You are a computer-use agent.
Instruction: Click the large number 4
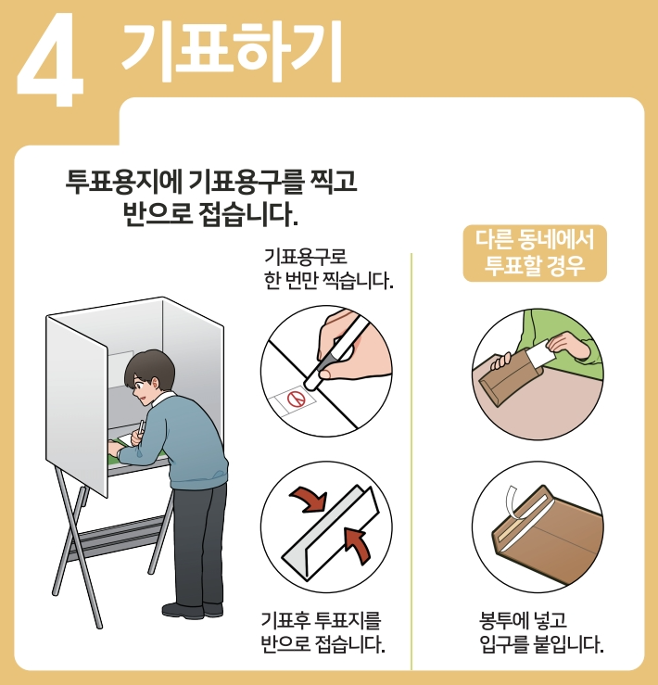(51, 57)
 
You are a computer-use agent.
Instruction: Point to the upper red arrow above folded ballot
(310, 501)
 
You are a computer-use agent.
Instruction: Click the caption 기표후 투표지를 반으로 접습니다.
(322, 631)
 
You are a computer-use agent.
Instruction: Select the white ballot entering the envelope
(541, 356)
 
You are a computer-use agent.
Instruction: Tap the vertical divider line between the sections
(411, 463)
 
